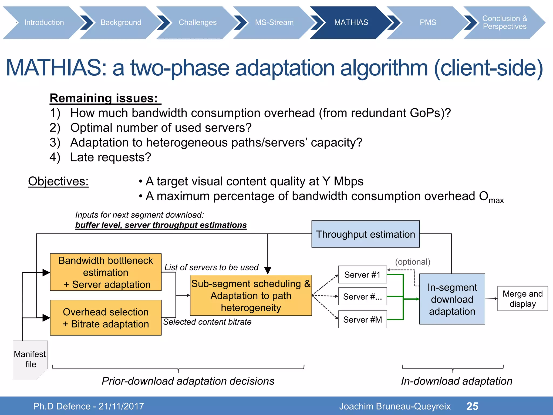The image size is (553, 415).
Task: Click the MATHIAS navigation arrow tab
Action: pos(351,22)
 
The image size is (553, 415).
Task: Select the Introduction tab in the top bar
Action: pos(44,22)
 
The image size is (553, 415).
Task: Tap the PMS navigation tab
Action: pos(428,22)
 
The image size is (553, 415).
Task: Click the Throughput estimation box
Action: pos(365,234)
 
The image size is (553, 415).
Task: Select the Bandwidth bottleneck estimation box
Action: pos(106,272)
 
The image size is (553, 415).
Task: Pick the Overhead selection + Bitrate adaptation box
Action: pos(106,318)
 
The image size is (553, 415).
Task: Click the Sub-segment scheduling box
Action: pos(251,296)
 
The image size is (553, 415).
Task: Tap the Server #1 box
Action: pos(362,275)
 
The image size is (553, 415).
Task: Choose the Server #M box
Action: pos(362,320)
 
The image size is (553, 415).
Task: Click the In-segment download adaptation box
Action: pos(452,299)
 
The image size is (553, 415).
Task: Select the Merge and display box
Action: pos(522,299)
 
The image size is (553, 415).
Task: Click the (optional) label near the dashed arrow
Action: pos(413,262)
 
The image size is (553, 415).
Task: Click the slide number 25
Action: pos(472,406)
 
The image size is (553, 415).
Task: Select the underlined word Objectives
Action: pos(58,181)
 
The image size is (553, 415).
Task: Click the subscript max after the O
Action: pos(496,201)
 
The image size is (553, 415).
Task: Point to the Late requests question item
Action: pos(110,157)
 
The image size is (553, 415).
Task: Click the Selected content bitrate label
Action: pos(207,322)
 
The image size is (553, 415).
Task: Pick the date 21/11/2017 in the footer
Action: pos(121,406)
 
